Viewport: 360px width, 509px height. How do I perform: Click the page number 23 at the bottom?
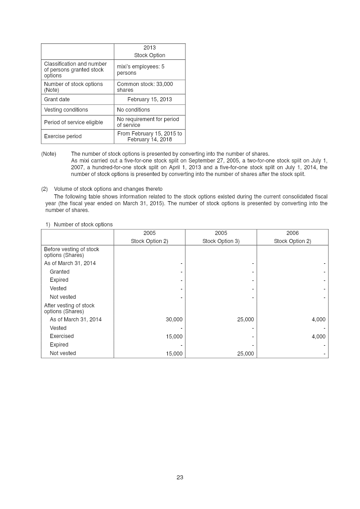coord(180,477)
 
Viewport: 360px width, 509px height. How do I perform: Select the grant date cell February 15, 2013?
coord(149,99)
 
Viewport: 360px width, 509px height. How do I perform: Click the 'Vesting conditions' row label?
coord(66,110)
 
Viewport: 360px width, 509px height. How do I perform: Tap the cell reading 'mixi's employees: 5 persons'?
coord(140,70)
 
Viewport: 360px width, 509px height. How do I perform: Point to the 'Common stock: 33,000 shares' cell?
coord(145,87)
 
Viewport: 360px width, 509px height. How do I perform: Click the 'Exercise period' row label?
coord(63,136)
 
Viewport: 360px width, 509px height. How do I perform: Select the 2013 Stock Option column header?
coord(149,51)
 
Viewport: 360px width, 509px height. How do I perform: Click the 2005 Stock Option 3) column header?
coord(221,237)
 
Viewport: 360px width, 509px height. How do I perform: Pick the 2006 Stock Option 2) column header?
coord(292,237)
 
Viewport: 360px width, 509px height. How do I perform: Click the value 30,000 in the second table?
coord(174,320)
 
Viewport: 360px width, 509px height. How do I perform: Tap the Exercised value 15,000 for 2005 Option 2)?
coord(174,337)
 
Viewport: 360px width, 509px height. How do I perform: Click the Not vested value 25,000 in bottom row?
coord(246,354)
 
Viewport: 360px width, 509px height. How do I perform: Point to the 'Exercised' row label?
coord(62,336)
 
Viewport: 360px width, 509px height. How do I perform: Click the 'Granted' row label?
coord(59,272)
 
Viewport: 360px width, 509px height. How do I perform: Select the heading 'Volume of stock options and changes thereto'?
coord(108,189)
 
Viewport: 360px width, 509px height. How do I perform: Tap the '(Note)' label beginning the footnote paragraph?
coord(49,154)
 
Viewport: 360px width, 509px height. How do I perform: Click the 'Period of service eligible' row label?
coord(73,122)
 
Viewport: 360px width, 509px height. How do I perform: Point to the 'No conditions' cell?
coord(134,110)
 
